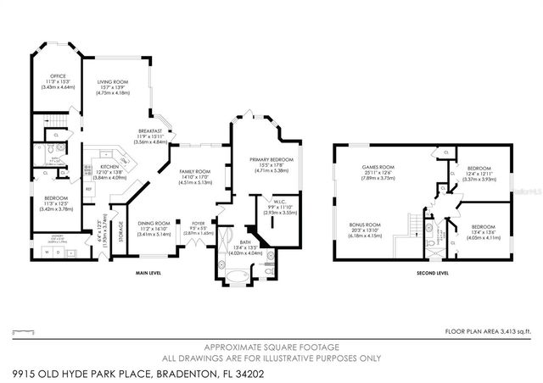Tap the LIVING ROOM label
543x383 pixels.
[115, 82]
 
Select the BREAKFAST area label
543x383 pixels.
[150, 130]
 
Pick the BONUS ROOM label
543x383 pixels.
[366, 225]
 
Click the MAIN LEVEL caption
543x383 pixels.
[149, 273]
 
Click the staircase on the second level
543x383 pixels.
[415, 227]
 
